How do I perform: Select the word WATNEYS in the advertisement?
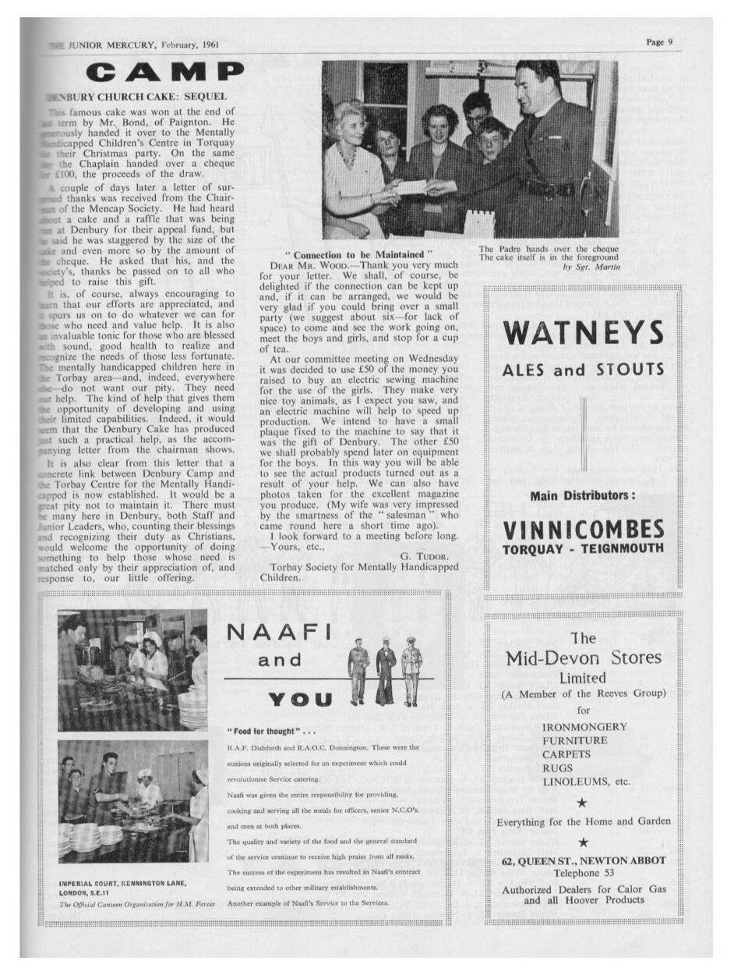[x=584, y=333]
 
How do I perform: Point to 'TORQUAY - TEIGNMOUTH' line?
[x=584, y=549]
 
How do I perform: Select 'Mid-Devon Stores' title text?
[x=583, y=658]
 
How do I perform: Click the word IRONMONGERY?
[x=584, y=727]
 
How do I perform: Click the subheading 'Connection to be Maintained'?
[x=358, y=255]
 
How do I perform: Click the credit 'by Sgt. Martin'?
[x=590, y=267]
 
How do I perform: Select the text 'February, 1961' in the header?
[x=190, y=44]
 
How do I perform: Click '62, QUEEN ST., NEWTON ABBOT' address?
[x=584, y=860]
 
